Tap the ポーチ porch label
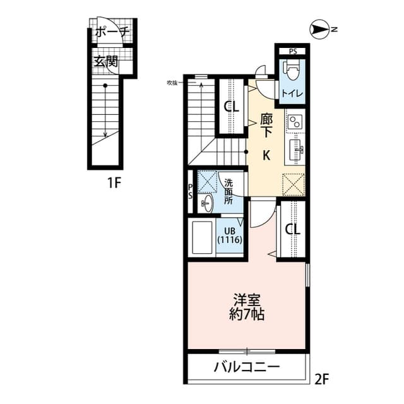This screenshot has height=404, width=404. (113, 31)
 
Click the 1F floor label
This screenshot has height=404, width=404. (113, 184)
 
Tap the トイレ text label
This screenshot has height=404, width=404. (292, 94)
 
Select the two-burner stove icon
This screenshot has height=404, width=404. (295, 121)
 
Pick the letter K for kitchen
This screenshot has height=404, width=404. (267, 155)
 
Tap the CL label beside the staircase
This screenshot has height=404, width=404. (232, 107)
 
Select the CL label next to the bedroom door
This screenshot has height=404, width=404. (292, 229)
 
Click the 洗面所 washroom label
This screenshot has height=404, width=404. (229, 191)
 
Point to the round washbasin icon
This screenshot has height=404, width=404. (207, 202)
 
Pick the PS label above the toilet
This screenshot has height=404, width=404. (292, 50)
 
